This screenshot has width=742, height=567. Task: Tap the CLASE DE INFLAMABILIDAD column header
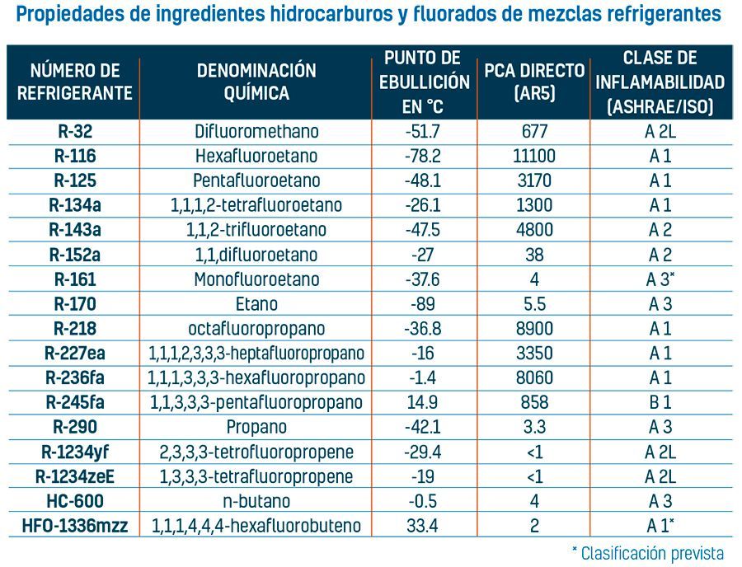(x=660, y=82)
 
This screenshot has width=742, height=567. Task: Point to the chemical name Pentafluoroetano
(x=256, y=180)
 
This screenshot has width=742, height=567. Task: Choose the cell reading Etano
(x=256, y=304)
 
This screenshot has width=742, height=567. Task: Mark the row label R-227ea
(x=74, y=354)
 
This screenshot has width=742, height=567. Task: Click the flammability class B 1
(x=660, y=403)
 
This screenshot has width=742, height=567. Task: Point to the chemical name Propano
(x=256, y=427)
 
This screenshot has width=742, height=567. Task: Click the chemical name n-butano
(x=256, y=501)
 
